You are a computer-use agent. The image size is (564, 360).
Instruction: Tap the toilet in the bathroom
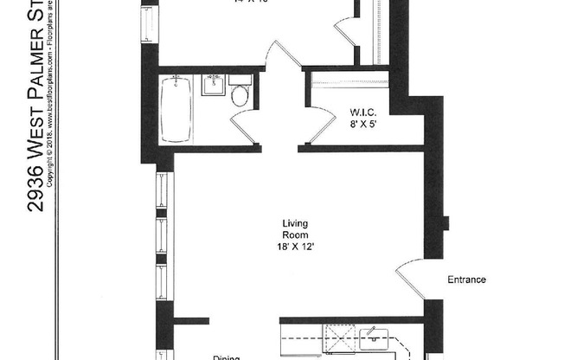[240, 94]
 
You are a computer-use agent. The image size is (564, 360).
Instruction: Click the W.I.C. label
[362, 112]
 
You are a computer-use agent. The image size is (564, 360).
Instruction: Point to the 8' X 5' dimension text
[362, 125]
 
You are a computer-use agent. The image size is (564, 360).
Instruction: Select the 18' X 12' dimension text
[295, 246]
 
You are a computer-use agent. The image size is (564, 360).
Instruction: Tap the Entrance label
[466, 280]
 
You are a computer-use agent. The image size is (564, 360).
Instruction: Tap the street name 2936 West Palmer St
[35, 112]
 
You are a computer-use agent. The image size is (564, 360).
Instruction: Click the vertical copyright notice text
[51, 95]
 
